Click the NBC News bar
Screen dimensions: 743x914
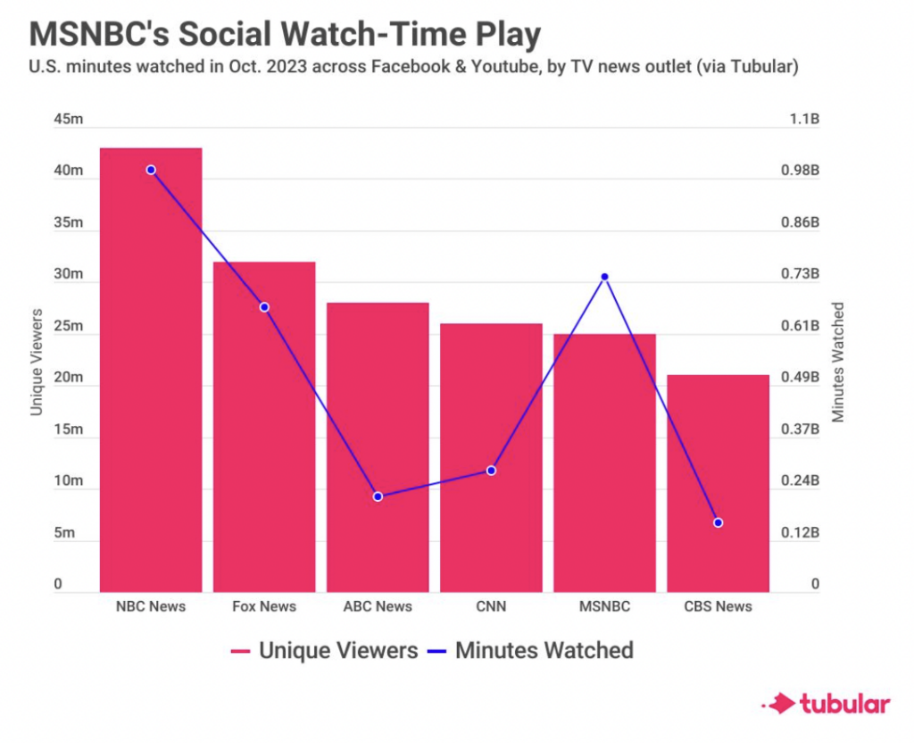(151, 370)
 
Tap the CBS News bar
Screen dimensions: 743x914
(718, 483)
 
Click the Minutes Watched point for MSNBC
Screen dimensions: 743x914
(604, 277)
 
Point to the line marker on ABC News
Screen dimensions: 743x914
(378, 497)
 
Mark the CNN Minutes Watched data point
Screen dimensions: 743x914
(491, 471)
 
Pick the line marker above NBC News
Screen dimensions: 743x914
(151, 170)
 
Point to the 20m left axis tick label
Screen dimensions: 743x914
(68, 379)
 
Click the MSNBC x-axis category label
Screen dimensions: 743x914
(604, 606)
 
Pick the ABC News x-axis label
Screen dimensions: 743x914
(378, 606)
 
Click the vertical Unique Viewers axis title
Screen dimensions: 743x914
(37, 361)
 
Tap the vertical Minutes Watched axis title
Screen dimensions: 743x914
(838, 361)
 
